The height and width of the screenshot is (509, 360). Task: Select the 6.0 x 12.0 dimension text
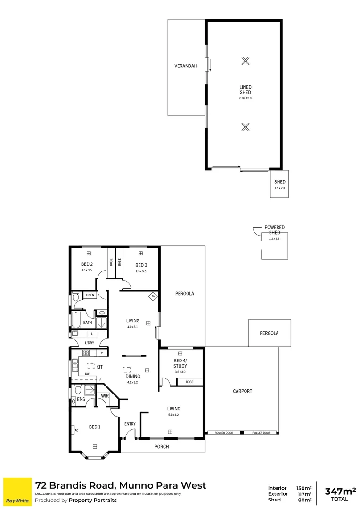(245, 98)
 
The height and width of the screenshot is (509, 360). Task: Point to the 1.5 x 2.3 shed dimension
(280, 188)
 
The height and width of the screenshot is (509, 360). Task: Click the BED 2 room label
(87, 264)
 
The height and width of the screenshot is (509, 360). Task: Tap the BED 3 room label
(141, 265)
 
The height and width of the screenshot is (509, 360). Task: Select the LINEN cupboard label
(90, 295)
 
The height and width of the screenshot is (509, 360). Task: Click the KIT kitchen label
(99, 366)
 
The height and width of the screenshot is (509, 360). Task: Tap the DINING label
(132, 376)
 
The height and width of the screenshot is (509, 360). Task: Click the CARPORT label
(242, 391)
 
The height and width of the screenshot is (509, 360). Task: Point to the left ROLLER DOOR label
(223, 433)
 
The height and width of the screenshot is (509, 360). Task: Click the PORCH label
(162, 446)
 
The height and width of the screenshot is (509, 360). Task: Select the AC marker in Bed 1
(76, 430)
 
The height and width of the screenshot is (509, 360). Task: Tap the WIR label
(105, 396)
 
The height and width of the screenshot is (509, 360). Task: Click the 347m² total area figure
(340, 492)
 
